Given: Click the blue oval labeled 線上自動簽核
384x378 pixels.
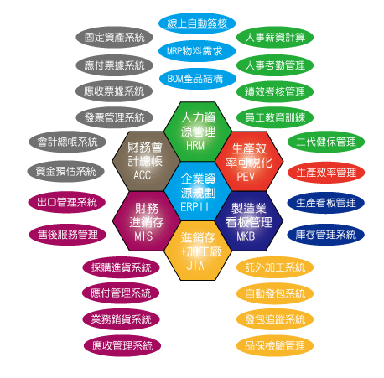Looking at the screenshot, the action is [197, 23].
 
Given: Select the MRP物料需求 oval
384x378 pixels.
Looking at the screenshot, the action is [197, 51].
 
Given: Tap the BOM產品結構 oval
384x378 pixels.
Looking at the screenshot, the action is [198, 79].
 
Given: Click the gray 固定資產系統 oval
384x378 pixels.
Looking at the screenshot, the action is [114, 37].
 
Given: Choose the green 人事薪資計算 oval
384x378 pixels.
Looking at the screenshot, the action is [275, 37].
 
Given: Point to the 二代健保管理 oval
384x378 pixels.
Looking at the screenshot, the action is [326, 142].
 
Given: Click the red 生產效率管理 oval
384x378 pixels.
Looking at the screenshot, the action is [326, 173].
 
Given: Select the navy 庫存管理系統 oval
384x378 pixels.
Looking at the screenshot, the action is [326, 235].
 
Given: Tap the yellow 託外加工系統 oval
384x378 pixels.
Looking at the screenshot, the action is [275, 267].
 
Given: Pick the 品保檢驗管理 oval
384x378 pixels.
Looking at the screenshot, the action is [275, 345].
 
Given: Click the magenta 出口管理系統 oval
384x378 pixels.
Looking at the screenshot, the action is [67, 202].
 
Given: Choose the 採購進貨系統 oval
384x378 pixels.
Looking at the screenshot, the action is [121, 267].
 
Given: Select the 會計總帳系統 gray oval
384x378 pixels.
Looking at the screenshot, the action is [67, 142].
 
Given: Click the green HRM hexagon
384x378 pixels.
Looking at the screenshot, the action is [198, 132].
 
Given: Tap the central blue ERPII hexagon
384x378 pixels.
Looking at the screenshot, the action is [198, 191].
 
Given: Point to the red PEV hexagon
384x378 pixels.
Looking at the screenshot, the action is [249, 161].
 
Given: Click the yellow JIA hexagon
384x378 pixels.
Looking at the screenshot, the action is [198, 251].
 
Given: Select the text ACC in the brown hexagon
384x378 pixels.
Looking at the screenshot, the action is [142, 175].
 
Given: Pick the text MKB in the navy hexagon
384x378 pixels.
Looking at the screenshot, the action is [246, 236].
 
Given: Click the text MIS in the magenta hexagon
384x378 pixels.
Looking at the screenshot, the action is [143, 236].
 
